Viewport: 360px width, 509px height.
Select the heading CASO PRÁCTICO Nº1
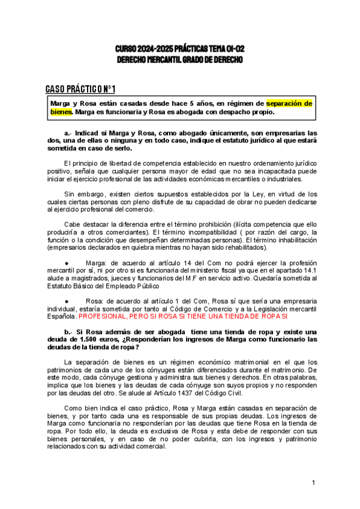tap(80, 89)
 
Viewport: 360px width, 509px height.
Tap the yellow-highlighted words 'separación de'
tap(289, 103)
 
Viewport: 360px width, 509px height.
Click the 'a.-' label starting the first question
tap(68, 133)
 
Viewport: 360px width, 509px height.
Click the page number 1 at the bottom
tap(313, 483)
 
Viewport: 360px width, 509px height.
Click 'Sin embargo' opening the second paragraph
tap(82, 194)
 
